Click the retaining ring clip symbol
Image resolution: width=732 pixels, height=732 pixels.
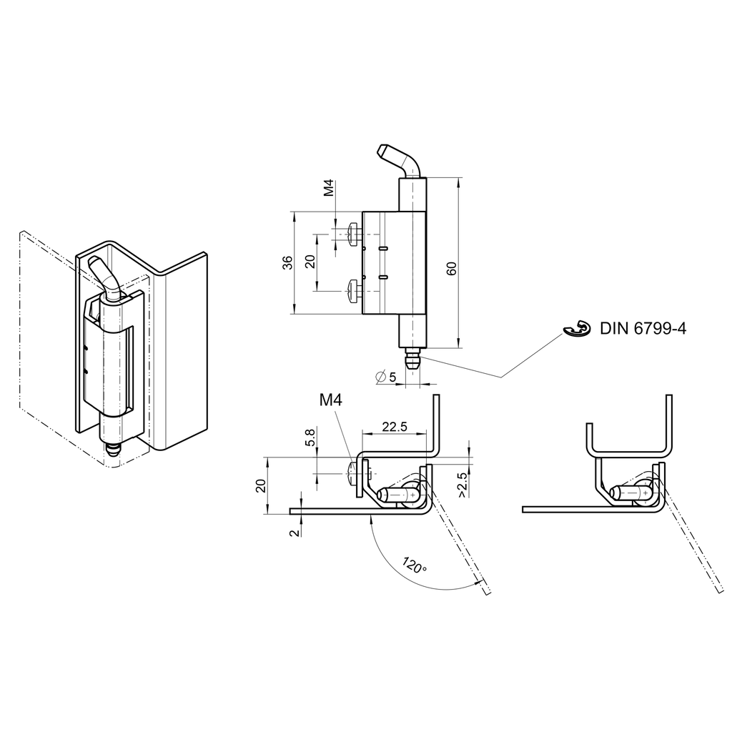[577, 329]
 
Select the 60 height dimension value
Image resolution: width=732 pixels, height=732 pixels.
[452, 269]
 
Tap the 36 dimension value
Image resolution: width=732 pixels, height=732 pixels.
[286, 262]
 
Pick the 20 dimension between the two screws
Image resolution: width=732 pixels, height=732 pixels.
[310, 262]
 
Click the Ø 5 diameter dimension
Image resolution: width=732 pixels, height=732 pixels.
[387, 376]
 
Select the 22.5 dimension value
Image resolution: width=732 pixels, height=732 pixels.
[394, 427]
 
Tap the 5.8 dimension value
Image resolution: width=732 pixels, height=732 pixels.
[310, 437]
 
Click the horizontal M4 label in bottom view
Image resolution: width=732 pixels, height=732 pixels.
[330, 402]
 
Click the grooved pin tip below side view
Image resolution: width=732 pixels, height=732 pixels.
[412, 359]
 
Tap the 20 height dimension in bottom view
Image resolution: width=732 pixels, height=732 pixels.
[261, 485]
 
